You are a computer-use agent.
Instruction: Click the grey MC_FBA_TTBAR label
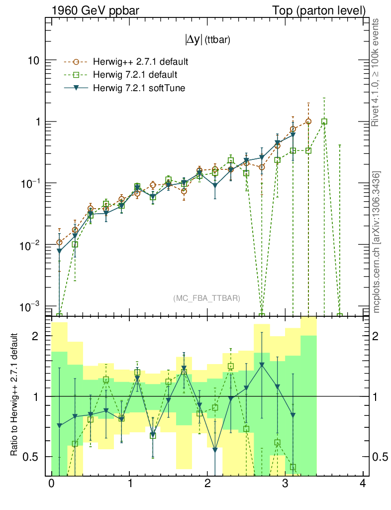(207, 298)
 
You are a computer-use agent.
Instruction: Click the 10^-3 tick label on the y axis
(30, 306)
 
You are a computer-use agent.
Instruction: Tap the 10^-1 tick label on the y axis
(30, 183)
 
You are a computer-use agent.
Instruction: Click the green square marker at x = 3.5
(324, 122)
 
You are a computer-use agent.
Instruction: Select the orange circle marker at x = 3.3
(308, 122)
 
